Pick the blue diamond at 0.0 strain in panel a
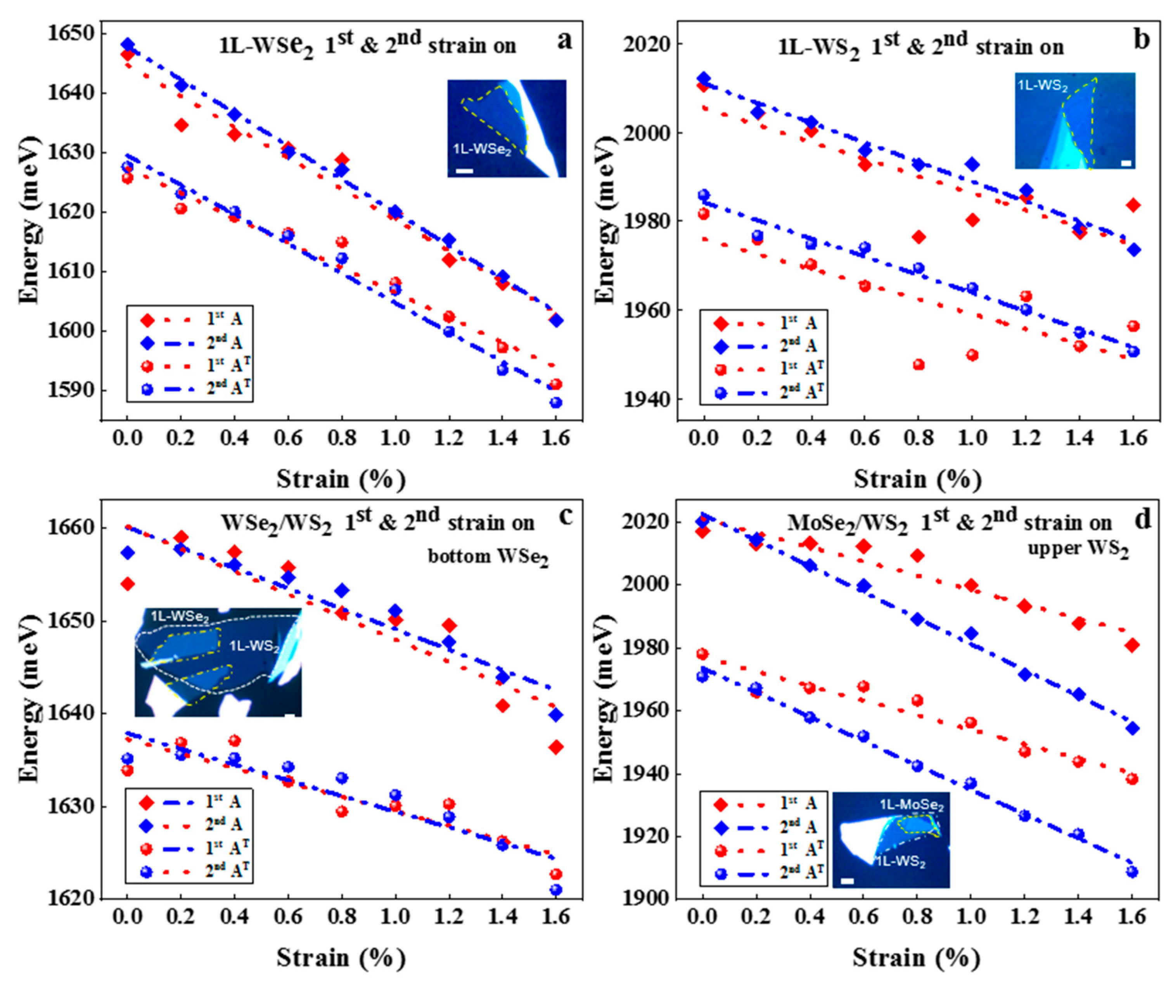[x=127, y=45]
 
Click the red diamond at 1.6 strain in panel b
[x=1133, y=205]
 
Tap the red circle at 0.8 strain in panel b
[x=918, y=365]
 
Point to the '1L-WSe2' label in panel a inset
[x=481, y=150]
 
